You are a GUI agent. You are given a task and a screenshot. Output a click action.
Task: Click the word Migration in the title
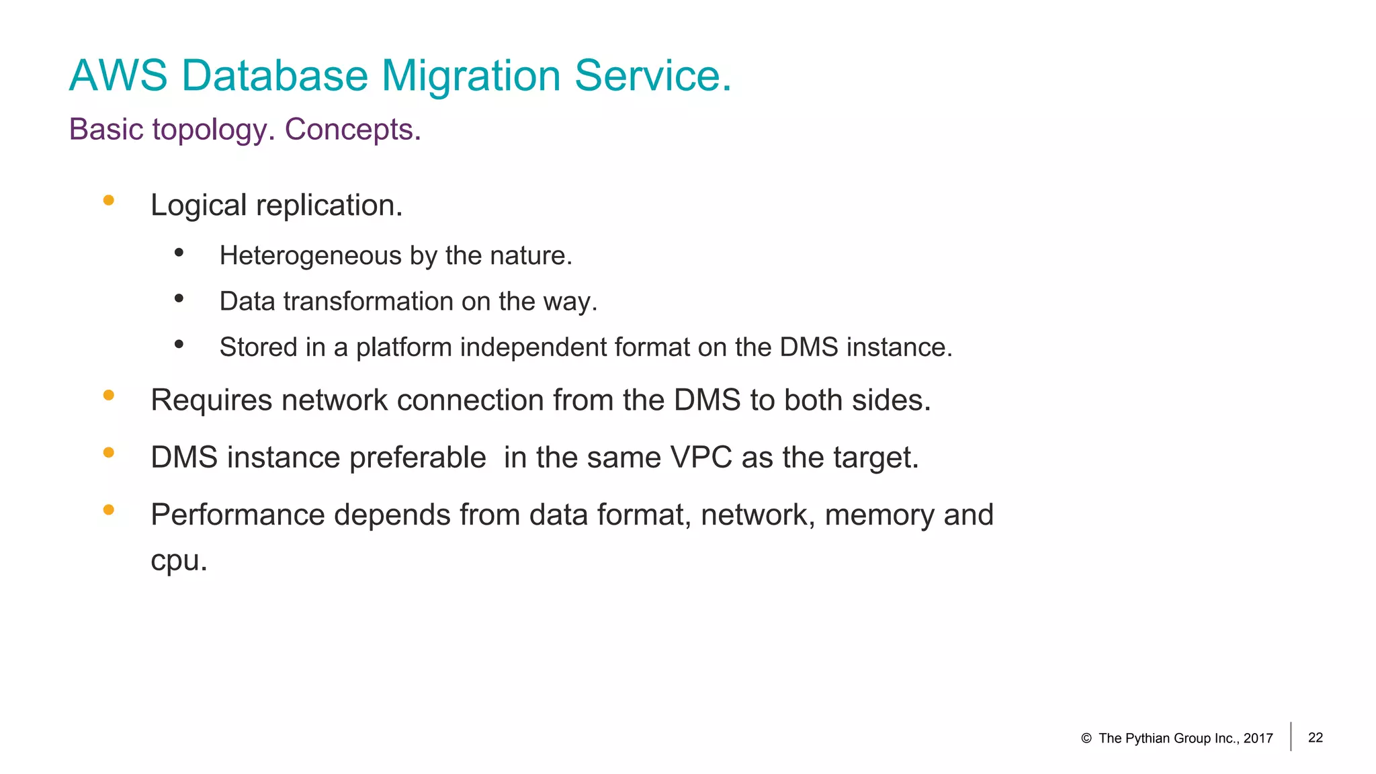point(470,75)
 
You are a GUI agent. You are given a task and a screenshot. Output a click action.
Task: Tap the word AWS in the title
point(118,75)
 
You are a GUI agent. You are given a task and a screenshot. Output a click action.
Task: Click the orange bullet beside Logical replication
point(109,200)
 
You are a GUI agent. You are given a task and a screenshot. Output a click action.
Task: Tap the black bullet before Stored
point(179,345)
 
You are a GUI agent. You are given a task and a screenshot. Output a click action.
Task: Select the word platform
point(404,347)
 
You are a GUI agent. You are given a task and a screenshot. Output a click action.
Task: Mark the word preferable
point(417,458)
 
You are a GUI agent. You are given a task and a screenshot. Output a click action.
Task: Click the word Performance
point(237,515)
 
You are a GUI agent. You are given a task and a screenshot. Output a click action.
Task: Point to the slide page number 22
point(1316,738)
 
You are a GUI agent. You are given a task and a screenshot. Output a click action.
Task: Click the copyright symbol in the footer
point(1086,738)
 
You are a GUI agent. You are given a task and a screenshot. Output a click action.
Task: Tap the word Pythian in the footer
point(1148,738)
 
